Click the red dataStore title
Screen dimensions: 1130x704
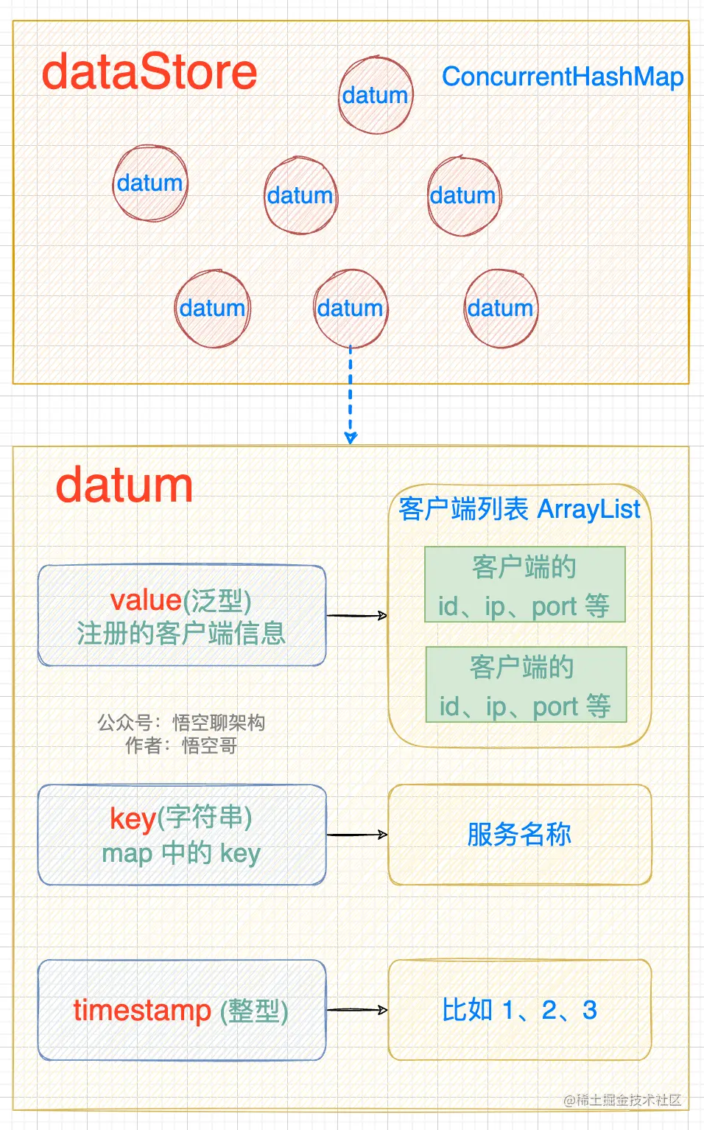point(149,72)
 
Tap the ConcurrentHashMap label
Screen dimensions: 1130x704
point(563,77)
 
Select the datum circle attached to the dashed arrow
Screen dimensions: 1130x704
point(351,308)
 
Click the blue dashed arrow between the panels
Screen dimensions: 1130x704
point(351,394)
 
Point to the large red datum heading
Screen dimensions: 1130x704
point(124,486)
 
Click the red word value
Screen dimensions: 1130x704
point(146,600)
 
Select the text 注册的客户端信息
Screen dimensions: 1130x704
point(181,634)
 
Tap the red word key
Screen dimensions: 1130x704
point(133,818)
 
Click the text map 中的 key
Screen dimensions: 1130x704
point(181,853)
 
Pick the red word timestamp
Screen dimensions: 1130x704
point(142,1010)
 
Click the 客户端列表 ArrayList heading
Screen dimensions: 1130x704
point(519,509)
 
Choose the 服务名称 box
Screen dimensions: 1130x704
point(520,835)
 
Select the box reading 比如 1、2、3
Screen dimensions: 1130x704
point(520,1010)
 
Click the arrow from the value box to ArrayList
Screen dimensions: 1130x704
point(357,615)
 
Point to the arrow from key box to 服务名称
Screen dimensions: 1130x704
point(357,835)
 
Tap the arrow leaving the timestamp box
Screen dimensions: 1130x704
point(357,1010)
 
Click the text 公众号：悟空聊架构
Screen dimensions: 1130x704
point(181,723)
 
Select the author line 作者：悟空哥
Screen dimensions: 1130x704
point(181,745)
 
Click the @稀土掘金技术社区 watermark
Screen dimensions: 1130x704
point(622,1100)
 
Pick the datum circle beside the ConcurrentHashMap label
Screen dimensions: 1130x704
point(376,95)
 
